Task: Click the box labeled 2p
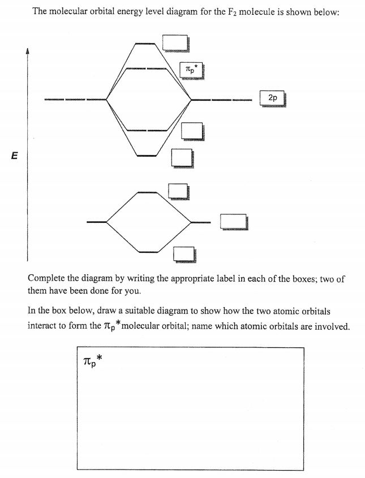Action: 273,98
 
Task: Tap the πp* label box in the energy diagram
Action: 190,70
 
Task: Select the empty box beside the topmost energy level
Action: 175,43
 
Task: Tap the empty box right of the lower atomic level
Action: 233,222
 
